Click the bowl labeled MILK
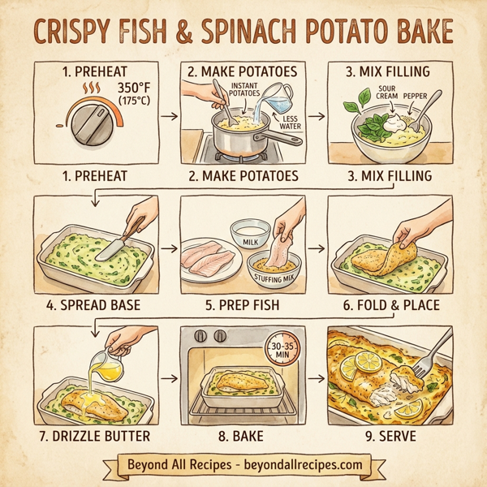coord(250,234)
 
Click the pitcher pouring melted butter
coord(104,361)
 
